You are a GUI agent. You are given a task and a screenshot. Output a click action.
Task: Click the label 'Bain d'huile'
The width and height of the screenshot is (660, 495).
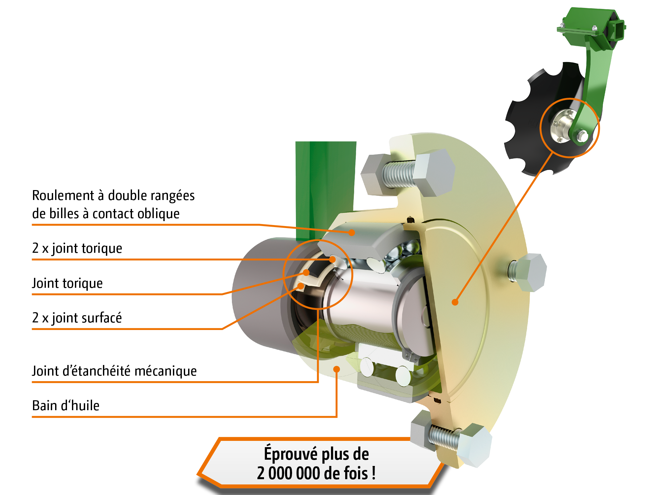tap(66, 405)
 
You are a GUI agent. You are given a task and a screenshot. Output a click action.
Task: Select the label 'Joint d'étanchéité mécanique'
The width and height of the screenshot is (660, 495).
tap(115, 371)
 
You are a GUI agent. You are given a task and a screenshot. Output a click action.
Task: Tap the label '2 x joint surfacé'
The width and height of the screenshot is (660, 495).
tap(77, 318)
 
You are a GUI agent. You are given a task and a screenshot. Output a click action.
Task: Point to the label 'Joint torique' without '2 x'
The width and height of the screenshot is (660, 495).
tap(67, 283)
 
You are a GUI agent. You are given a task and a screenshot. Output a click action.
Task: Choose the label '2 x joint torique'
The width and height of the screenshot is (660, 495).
tap(77, 248)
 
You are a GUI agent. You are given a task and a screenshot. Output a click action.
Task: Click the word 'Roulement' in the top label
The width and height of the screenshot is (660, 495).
tap(63, 195)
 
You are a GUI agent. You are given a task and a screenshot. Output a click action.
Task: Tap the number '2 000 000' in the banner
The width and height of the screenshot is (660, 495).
tap(287, 473)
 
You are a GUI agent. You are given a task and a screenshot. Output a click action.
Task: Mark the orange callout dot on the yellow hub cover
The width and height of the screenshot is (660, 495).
tap(455, 302)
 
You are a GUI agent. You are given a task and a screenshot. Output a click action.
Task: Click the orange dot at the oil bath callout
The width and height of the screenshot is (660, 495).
tap(337, 369)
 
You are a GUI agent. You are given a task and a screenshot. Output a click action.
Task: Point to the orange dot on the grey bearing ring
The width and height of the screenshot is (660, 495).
tap(352, 233)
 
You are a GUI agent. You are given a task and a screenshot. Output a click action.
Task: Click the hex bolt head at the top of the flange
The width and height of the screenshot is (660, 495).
tap(434, 172)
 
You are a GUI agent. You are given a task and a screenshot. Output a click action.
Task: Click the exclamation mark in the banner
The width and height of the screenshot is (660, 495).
tap(374, 473)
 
